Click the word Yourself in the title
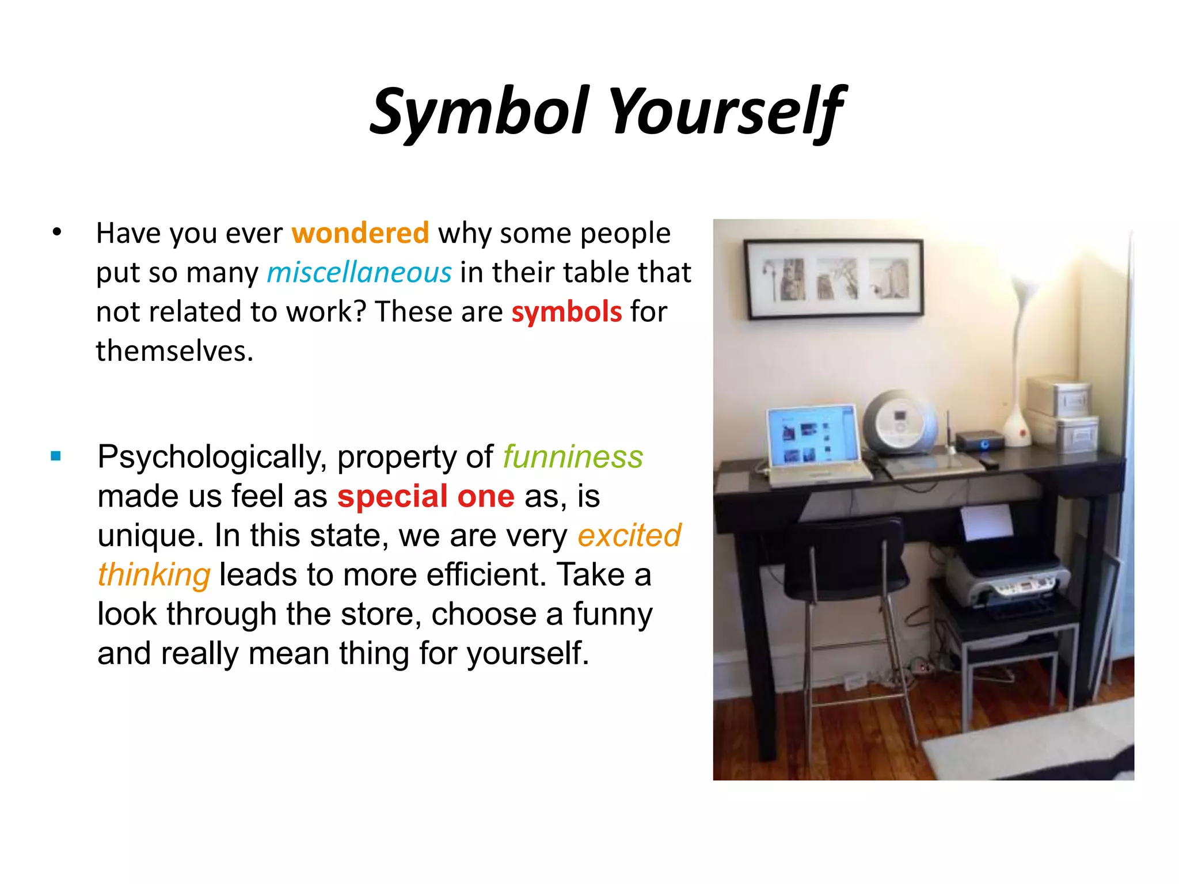727,111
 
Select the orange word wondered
360,233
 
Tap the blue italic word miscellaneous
359,272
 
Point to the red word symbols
566,312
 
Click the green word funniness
573,457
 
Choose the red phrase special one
425,496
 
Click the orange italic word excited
629,535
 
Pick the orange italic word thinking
154,574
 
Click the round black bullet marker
56,233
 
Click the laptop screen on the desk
812,435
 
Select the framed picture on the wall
834,279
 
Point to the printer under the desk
1007,581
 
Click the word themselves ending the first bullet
174,351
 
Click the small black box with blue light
980,441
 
